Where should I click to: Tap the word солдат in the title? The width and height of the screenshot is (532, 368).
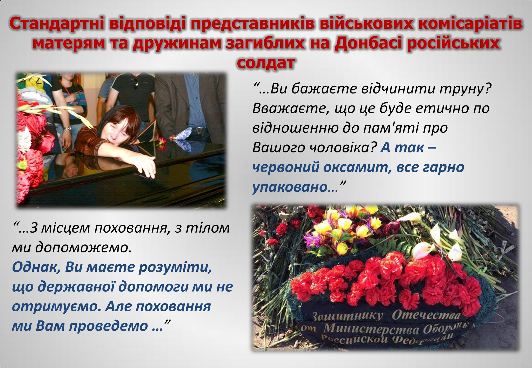coord(266,62)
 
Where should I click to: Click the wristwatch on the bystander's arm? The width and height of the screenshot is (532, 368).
coord(68,128)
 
